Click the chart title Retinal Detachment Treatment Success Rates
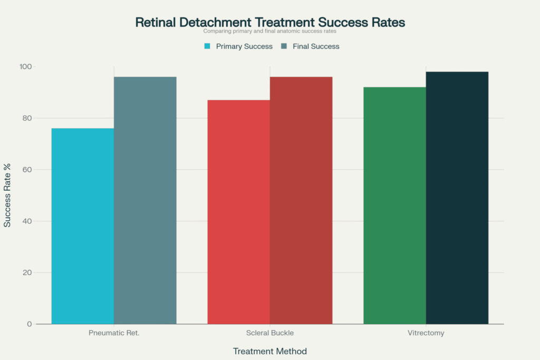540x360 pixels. [x=270, y=23]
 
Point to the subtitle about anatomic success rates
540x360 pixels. [x=270, y=32]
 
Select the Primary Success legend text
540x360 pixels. [x=244, y=46]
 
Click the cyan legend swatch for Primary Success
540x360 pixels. [x=207, y=46]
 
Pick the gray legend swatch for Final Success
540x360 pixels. [x=284, y=46]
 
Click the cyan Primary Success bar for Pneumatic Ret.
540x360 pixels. [x=82, y=227]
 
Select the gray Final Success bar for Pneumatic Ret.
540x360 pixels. [x=145, y=200]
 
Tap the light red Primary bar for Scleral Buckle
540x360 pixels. [x=238, y=211]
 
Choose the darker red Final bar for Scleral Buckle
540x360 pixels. [x=301, y=200]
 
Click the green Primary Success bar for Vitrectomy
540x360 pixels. [x=394, y=206]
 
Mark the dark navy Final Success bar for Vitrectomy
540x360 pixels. [x=457, y=198]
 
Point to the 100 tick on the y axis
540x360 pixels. [x=41, y=67]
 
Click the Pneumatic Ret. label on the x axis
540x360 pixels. [x=113, y=333]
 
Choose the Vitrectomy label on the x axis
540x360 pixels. [x=426, y=333]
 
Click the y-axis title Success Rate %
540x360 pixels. [x=7, y=196]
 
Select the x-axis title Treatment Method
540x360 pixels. [x=269, y=351]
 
